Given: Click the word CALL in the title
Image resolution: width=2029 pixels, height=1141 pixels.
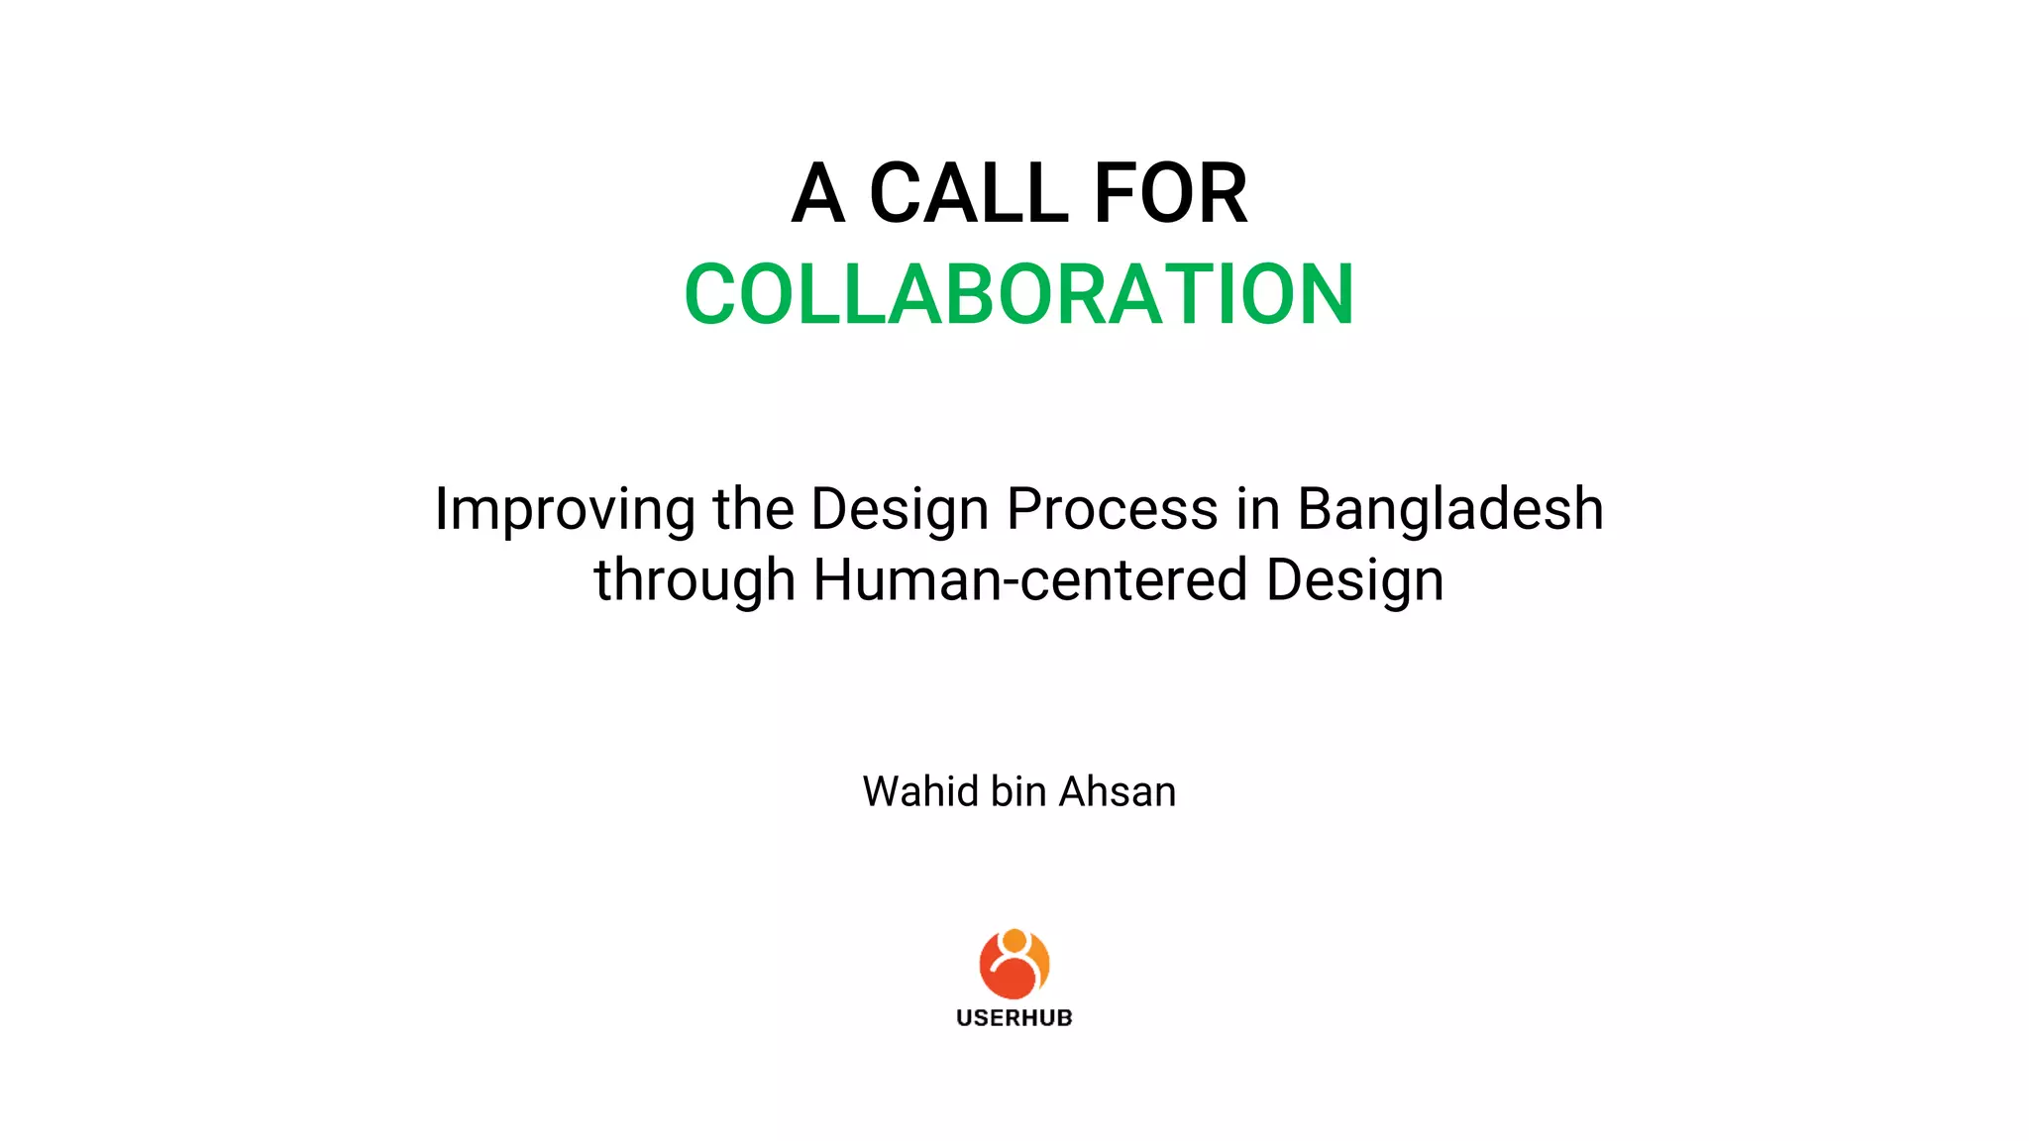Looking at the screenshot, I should (x=968, y=194).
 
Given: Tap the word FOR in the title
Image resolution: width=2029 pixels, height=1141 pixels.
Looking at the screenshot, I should (x=1170, y=194).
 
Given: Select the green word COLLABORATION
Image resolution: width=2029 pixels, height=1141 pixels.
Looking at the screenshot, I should (x=1018, y=294).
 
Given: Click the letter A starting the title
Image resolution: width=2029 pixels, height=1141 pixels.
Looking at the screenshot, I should (x=817, y=194).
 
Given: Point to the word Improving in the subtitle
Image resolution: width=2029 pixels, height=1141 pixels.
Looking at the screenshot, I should (x=564, y=511).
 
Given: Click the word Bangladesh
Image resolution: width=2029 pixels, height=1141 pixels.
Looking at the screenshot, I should (x=1449, y=509).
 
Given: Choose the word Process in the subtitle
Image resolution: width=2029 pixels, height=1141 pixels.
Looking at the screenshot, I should (x=1112, y=509).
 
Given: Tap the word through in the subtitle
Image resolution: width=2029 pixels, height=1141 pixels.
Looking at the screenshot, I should (x=694, y=581).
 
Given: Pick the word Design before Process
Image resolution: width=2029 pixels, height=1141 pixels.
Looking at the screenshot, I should (x=900, y=511).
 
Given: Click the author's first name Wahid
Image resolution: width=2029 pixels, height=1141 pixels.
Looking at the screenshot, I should (x=919, y=791).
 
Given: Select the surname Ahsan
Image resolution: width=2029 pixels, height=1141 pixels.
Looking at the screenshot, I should (x=1118, y=791).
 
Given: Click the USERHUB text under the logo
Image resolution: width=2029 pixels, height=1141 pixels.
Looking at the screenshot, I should (x=1014, y=1017).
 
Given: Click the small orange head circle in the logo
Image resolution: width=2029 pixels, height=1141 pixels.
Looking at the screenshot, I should (x=1014, y=939).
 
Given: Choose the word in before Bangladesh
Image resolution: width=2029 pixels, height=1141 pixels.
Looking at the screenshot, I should (x=1257, y=509).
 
